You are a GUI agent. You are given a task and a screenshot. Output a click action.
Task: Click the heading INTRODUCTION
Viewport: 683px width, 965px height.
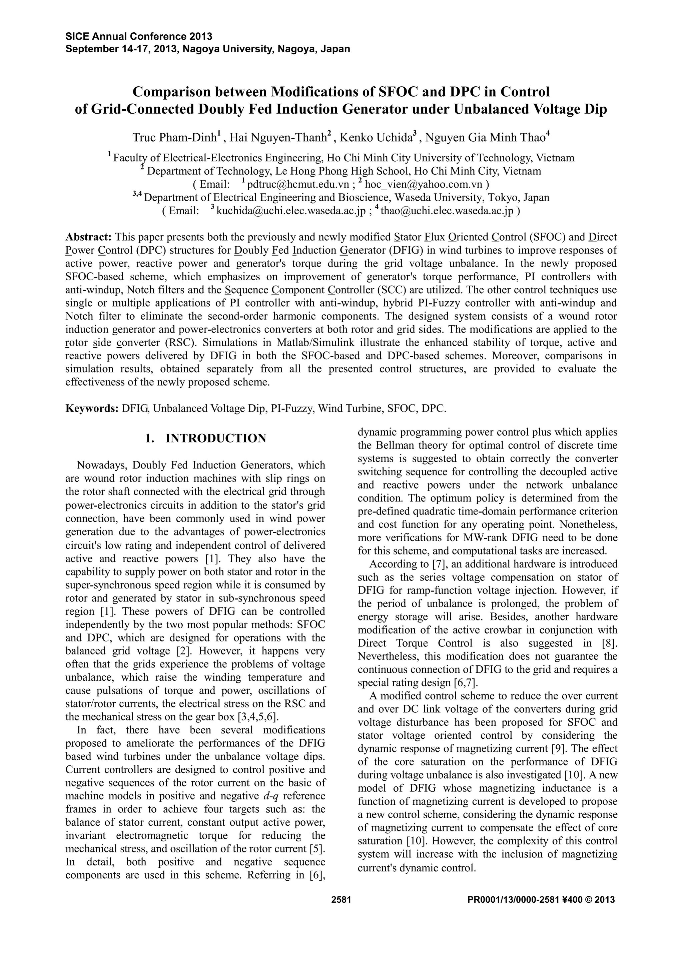pos(216,439)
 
